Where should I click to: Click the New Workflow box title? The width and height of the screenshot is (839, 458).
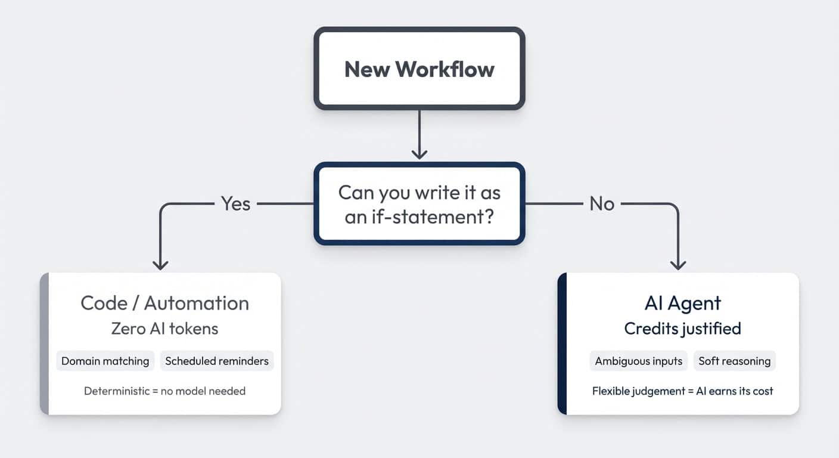point(419,69)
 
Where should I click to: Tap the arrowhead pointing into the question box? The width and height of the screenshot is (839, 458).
point(419,153)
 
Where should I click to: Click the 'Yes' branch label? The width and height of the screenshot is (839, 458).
point(235,204)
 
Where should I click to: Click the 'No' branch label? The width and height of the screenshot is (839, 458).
point(601,204)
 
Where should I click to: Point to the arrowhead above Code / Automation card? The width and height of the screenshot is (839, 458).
point(160,264)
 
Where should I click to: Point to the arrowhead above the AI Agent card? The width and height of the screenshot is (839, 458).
point(678,264)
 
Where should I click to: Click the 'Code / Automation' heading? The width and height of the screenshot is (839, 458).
point(164,303)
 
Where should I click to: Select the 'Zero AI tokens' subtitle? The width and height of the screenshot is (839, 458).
point(164,328)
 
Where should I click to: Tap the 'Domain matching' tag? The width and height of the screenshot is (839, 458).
point(105,361)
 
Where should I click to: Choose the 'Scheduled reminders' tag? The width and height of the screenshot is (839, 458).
point(217,361)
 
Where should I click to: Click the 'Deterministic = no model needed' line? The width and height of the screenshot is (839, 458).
point(164,391)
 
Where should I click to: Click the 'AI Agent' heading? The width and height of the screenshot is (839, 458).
point(682,303)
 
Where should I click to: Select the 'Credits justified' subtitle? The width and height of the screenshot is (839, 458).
point(682,328)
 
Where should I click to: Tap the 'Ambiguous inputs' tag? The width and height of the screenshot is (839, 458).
point(639,361)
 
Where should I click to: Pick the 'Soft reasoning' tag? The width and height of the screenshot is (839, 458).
point(734,361)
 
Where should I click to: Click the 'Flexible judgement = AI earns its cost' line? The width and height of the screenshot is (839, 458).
point(682,391)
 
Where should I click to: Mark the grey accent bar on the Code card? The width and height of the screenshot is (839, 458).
point(44,343)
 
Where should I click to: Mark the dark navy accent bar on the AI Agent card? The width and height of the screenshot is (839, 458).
point(562,343)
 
